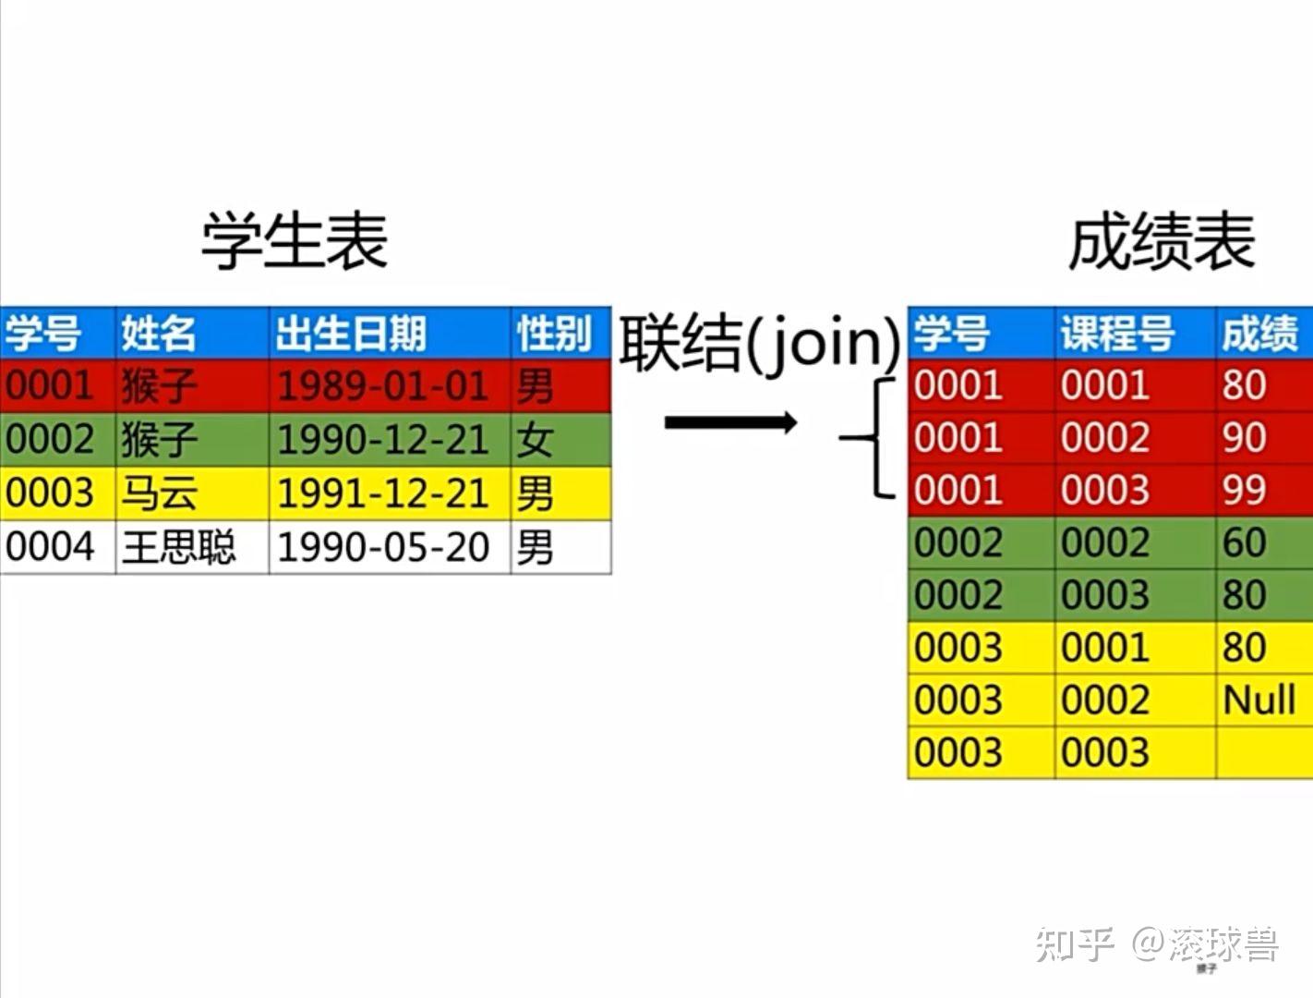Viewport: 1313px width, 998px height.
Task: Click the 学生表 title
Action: pyautogui.click(x=295, y=240)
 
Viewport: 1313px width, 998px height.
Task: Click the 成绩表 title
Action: pyautogui.click(x=1162, y=240)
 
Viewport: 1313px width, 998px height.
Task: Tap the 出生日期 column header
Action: pyautogui.click(x=351, y=333)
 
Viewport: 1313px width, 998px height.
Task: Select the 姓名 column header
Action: pyautogui.click(x=158, y=333)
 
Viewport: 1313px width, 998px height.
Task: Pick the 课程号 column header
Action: pyautogui.click(x=1117, y=333)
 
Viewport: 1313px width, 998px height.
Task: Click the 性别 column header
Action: pyautogui.click(x=555, y=333)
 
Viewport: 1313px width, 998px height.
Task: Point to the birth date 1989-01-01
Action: pyautogui.click(x=383, y=385)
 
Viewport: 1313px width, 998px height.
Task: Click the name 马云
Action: pyautogui.click(x=159, y=493)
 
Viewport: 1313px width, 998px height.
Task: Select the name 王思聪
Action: pyautogui.click(x=178, y=547)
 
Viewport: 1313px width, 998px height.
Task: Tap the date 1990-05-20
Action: pyautogui.click(x=383, y=547)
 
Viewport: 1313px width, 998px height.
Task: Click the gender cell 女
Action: pyautogui.click(x=535, y=440)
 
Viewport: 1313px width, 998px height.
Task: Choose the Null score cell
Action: pyautogui.click(x=1259, y=700)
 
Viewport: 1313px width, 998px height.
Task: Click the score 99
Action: pyautogui.click(x=1244, y=490)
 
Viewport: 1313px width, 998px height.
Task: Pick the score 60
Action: pyautogui.click(x=1244, y=542)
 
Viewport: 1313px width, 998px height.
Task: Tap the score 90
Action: pyautogui.click(x=1244, y=437)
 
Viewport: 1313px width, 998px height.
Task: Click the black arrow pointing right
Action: pyautogui.click(x=731, y=422)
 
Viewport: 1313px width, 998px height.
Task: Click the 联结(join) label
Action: pyautogui.click(x=760, y=344)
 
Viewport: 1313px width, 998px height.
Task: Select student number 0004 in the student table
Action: pyautogui.click(x=50, y=547)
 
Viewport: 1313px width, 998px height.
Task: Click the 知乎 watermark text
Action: pyautogui.click(x=1075, y=944)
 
